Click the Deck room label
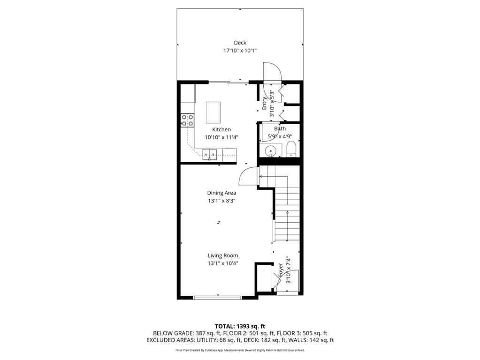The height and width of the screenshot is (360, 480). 240,43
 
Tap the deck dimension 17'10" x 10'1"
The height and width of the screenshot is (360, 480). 240,51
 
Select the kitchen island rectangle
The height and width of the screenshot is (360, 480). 213,112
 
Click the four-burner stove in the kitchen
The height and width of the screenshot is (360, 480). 188,120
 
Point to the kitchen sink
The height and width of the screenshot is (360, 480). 210,153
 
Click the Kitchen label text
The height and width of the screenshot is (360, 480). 221,129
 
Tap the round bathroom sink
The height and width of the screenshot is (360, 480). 270,151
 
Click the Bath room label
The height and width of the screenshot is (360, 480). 280,128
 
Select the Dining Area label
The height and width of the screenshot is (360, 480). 221,193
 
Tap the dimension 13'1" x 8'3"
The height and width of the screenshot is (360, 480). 221,200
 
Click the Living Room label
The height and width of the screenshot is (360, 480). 223,255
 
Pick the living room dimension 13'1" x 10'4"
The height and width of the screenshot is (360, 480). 223,263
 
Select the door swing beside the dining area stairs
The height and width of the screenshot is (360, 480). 248,177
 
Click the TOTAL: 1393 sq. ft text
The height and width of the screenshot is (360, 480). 240,326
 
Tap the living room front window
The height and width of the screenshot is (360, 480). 218,297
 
